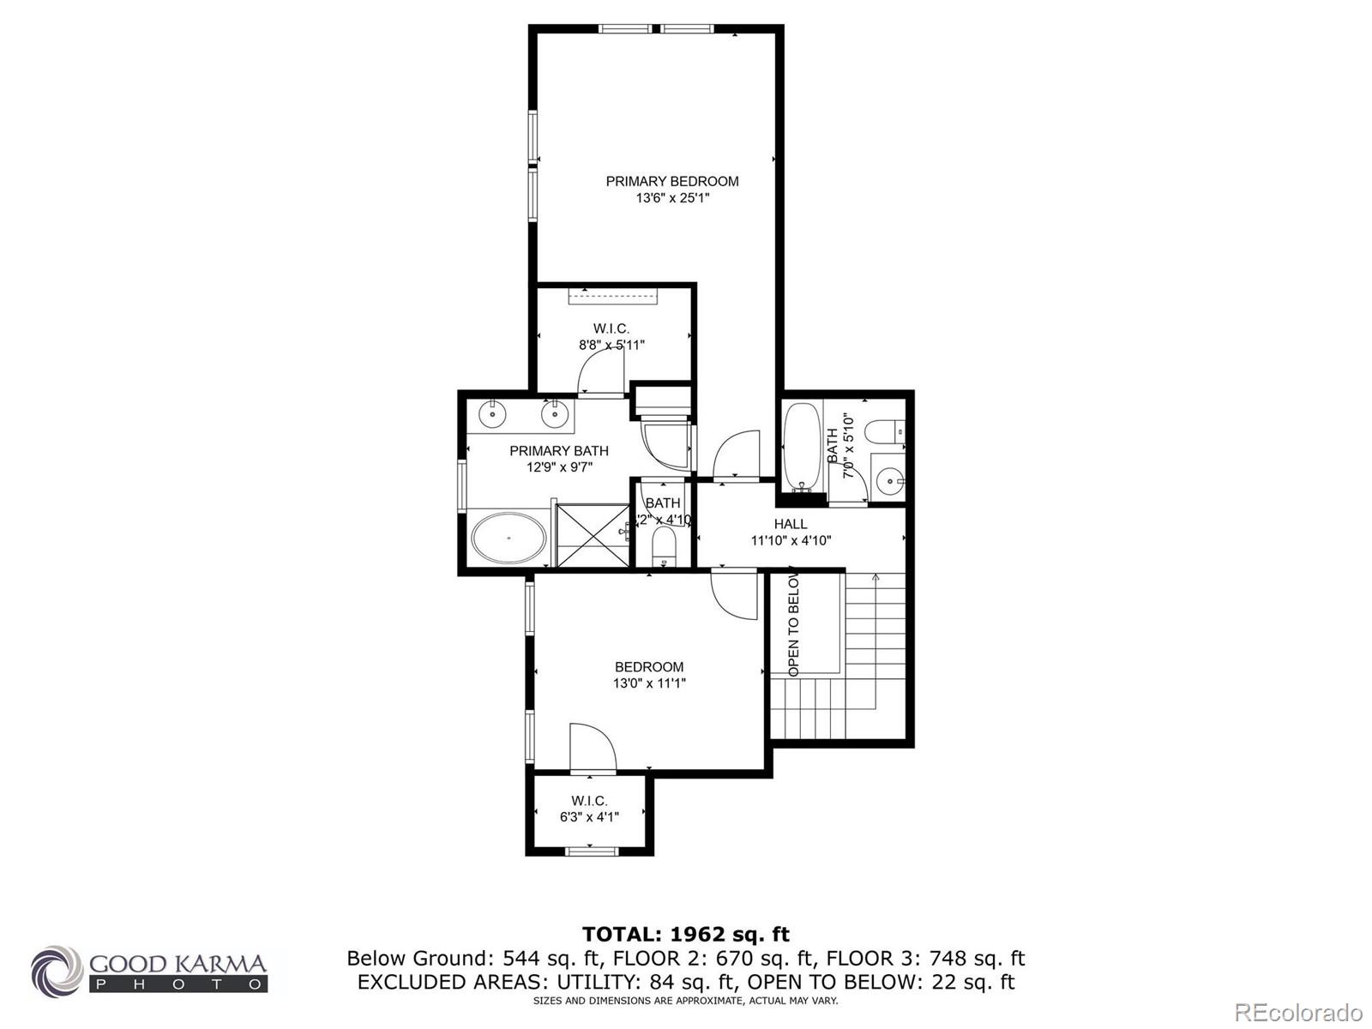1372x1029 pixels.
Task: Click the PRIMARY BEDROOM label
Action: [x=671, y=181]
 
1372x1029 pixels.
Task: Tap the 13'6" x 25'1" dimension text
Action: [x=672, y=198]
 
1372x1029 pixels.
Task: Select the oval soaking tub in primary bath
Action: [x=508, y=538]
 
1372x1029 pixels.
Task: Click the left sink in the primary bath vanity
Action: [x=493, y=414]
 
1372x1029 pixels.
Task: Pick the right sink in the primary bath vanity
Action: [x=555, y=415]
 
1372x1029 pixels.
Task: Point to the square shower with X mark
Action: [x=592, y=535]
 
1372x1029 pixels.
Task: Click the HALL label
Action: [x=790, y=524]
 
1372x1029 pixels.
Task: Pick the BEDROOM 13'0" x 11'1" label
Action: [x=649, y=675]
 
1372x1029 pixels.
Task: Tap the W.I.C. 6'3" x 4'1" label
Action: [x=589, y=809]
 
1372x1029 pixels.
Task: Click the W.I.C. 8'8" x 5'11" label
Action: [x=611, y=337]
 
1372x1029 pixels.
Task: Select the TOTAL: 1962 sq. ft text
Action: [x=685, y=935]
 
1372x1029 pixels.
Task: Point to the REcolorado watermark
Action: [x=1299, y=1012]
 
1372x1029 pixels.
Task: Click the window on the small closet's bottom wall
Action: [x=591, y=851]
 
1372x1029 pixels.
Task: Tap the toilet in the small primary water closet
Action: [x=664, y=546]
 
